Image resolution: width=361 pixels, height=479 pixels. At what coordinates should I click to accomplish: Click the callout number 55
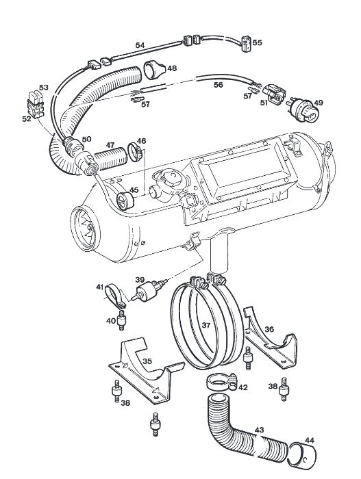(x=258, y=42)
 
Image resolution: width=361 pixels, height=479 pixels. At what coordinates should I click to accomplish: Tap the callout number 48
(x=172, y=68)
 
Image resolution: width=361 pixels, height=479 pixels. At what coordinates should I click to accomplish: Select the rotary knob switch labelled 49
(x=303, y=111)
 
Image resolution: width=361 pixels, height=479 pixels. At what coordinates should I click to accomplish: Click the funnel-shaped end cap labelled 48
(x=154, y=69)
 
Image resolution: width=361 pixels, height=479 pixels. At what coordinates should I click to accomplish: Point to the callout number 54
(x=140, y=45)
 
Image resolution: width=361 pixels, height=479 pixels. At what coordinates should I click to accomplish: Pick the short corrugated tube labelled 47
(x=110, y=159)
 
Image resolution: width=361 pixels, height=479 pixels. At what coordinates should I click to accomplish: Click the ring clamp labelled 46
(x=135, y=152)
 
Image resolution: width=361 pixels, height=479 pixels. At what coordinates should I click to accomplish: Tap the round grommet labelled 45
(x=125, y=200)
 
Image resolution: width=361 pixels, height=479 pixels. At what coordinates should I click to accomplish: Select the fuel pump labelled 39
(x=149, y=290)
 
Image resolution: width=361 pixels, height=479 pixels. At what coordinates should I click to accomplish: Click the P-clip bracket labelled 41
(x=114, y=296)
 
